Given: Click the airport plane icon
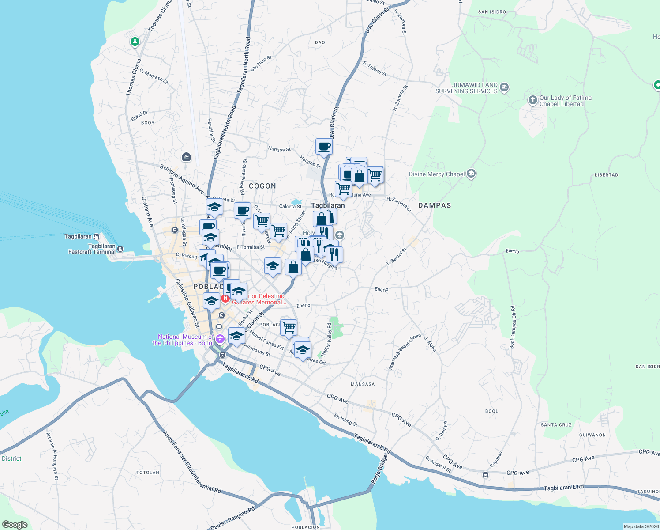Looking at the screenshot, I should click(186, 157).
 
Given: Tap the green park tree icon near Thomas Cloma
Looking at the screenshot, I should click(135, 42).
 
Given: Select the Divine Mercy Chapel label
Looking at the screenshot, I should click(436, 174).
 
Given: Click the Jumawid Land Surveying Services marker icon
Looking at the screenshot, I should click(505, 88).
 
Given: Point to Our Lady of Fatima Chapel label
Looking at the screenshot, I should click(565, 101).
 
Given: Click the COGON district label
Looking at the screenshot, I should click(262, 186).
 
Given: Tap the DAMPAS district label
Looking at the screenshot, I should click(435, 205).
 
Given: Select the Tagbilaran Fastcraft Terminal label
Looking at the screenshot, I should click(92, 249).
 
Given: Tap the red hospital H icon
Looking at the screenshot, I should click(225, 299).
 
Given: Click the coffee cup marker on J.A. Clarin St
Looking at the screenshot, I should click(324, 147).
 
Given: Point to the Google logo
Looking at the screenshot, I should click(15, 525).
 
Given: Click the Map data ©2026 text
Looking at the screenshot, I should click(641, 526).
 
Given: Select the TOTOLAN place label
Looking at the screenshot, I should click(147, 473).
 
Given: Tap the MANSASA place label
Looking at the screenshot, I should click(362, 384).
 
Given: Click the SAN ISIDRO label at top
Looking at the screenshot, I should click(492, 12).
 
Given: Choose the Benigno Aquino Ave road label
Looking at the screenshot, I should click(182, 180).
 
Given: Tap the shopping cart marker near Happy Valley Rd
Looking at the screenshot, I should click(289, 328).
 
